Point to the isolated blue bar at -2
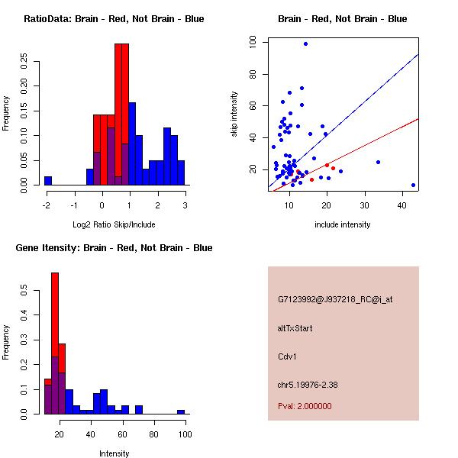(x=48, y=181)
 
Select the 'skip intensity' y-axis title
(x=234, y=114)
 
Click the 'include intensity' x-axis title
(x=342, y=225)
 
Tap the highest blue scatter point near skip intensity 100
(x=305, y=44)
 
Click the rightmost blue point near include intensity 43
(x=413, y=185)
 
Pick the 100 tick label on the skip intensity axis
(x=253, y=43)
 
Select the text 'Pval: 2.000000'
(x=305, y=406)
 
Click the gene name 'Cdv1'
(x=288, y=356)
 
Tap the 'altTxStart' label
(x=295, y=329)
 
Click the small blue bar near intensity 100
(x=181, y=411)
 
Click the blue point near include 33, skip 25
(x=378, y=162)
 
